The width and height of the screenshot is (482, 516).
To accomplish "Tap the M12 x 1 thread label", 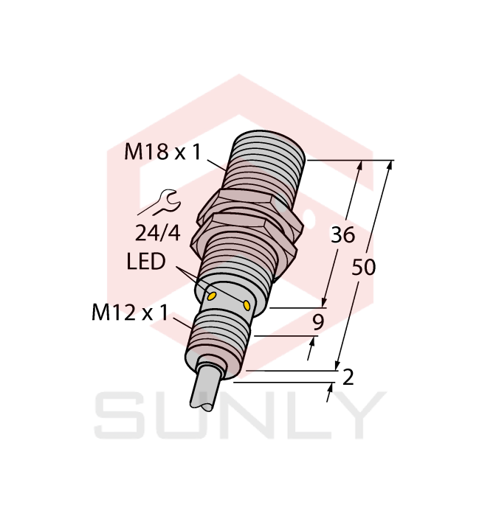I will (x=130, y=313).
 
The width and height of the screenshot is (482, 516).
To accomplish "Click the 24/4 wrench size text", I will (x=157, y=233).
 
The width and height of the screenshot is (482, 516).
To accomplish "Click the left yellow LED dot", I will (x=211, y=296).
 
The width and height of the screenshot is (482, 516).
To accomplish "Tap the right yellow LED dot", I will (x=247, y=304).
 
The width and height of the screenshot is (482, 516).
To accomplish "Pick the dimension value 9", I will (x=318, y=321).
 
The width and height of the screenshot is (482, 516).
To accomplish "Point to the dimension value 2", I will (x=348, y=377).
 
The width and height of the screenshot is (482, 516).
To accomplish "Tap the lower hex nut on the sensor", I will (x=244, y=234).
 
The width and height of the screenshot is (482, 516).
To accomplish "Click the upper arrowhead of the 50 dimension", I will (x=388, y=165).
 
